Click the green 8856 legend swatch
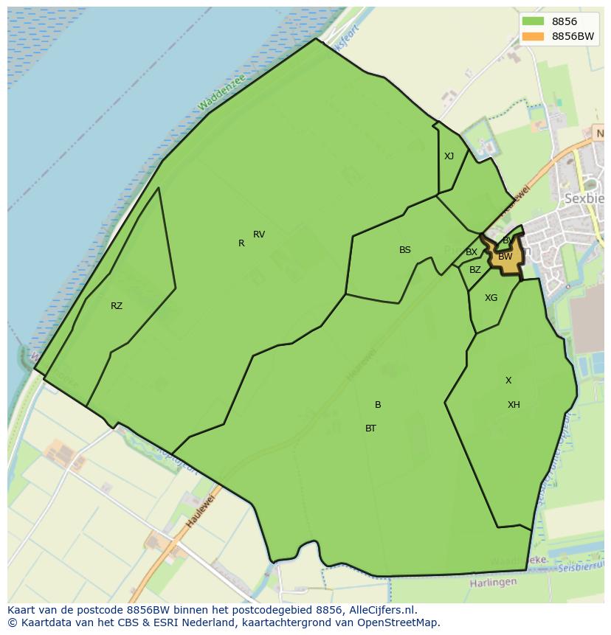pos(532,21)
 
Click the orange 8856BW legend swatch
pos(532,36)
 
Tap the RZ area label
pos(117,306)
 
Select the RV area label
pos(259,235)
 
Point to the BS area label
pos(405,250)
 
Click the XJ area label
pos(449,156)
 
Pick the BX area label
pos(472,252)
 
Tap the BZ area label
pos(475,270)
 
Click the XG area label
pos(491,298)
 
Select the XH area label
pos(514,405)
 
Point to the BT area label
pos(370,428)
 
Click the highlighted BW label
pos(505,257)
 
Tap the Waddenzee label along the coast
pos(221,93)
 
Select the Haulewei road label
pos(199,510)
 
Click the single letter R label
pos(241,243)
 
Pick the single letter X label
pos(508,381)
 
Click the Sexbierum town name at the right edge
pos(584,198)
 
